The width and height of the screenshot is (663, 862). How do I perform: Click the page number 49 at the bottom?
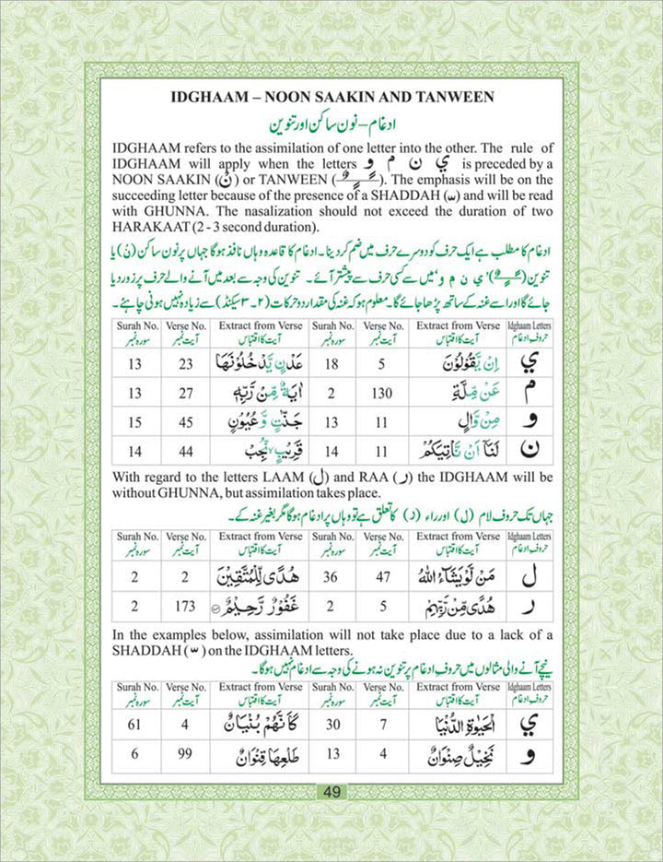click(331, 791)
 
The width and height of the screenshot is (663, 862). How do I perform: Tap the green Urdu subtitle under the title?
click(331, 124)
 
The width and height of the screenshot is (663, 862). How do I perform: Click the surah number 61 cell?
click(135, 725)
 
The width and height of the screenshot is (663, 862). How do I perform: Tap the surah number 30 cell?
click(334, 725)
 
